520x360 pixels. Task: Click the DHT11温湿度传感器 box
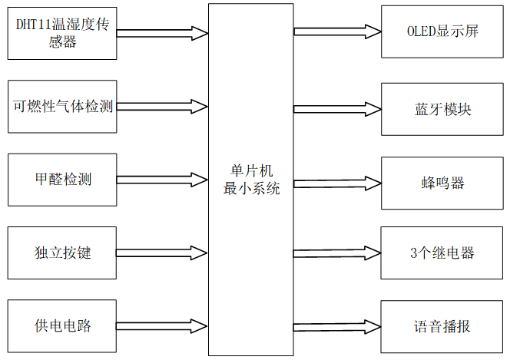pyautogui.click(x=61, y=33)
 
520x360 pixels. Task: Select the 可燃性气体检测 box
pyautogui.click(x=61, y=106)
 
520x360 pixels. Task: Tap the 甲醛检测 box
pyautogui.click(x=61, y=180)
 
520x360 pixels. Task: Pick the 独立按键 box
pyautogui.click(x=61, y=253)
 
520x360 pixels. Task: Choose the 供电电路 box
pyautogui.click(x=61, y=325)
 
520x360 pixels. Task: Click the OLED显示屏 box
pyautogui.click(x=442, y=31)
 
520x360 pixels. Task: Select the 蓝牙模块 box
pyautogui.click(x=442, y=109)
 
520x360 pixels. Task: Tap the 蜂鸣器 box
pyautogui.click(x=442, y=183)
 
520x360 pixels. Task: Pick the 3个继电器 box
pyautogui.click(x=442, y=253)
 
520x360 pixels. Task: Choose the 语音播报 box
pyautogui.click(x=442, y=326)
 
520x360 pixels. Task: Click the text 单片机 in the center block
pyautogui.click(x=250, y=170)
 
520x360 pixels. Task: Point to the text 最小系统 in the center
pyautogui.click(x=250, y=189)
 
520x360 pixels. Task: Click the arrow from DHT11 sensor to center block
pyautogui.click(x=162, y=33)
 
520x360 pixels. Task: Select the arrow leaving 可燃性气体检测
pyautogui.click(x=162, y=105)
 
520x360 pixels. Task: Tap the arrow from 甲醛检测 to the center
pyautogui.click(x=162, y=180)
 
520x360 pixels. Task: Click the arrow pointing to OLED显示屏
pyautogui.click(x=337, y=31)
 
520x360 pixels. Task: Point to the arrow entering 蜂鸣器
pyautogui.click(x=337, y=183)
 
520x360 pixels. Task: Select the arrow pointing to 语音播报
pyautogui.click(x=337, y=326)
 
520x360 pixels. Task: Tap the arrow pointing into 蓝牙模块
pyautogui.click(x=337, y=109)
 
